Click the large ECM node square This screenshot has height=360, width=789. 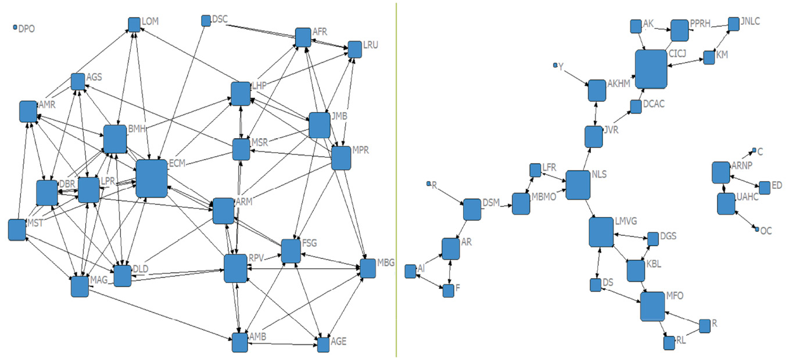click(x=151, y=178)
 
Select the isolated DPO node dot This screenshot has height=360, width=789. click(x=15, y=27)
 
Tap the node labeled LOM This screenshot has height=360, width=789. click(x=134, y=24)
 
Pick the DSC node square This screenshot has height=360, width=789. click(x=206, y=20)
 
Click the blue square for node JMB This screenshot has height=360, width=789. click(x=320, y=125)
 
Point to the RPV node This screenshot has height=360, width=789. click(x=235, y=268)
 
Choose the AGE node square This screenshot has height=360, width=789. click(x=323, y=344)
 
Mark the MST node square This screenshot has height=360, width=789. click(x=17, y=230)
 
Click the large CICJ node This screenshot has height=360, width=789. click(x=651, y=69)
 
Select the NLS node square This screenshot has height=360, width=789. click(x=578, y=185)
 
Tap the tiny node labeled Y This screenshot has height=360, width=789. click(x=555, y=65)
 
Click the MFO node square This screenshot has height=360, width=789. click(x=652, y=306)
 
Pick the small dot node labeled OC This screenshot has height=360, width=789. click(x=757, y=230)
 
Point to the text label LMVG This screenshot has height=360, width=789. click(x=626, y=221)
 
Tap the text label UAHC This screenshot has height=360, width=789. click(x=747, y=197)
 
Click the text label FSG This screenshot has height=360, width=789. click(x=311, y=243)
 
